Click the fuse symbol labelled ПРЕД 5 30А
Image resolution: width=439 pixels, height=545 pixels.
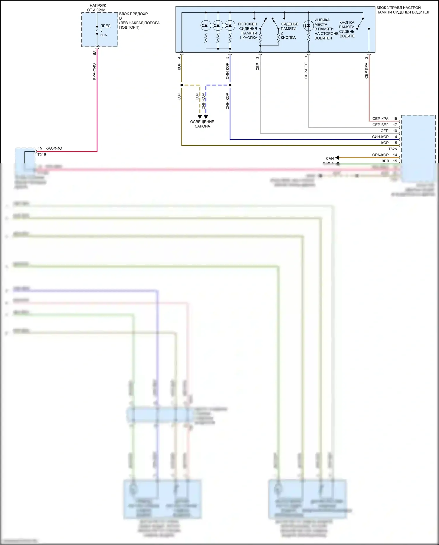(97, 30)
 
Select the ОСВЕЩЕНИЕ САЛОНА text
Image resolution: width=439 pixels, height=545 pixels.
(202, 124)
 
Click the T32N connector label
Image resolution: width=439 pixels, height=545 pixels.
(393, 149)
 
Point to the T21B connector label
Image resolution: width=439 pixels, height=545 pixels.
(42, 155)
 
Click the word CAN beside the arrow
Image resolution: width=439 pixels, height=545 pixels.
(330, 158)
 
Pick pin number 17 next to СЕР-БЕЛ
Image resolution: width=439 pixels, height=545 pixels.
(395, 125)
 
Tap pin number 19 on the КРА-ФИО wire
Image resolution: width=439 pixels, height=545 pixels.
(40, 149)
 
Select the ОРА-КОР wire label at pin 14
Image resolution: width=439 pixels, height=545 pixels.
(380, 155)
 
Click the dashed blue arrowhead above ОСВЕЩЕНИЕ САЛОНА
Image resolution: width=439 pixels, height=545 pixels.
(206, 117)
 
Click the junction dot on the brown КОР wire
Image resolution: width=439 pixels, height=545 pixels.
(182, 85)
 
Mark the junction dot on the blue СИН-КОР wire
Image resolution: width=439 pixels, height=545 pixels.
(230, 85)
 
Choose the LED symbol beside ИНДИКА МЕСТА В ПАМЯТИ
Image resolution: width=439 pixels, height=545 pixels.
(308, 26)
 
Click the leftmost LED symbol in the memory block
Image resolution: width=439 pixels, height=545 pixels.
(206, 26)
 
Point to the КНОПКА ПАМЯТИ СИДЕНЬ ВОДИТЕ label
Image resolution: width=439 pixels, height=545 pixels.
(347, 29)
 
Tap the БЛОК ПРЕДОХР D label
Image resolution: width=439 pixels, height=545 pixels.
(133, 16)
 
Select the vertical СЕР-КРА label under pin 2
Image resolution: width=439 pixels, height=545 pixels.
(366, 71)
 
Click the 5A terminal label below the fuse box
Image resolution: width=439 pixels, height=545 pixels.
(95, 53)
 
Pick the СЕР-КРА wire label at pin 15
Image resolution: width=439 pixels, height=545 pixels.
(380, 119)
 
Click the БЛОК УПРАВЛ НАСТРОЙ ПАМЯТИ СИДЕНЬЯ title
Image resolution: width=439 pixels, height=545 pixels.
(402, 10)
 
